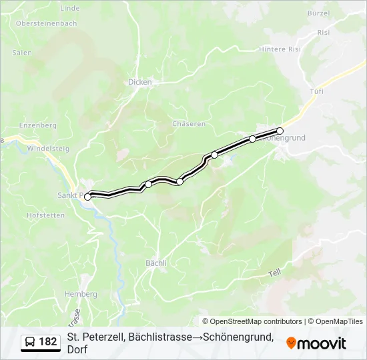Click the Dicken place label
coord(140,82)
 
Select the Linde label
coord(69,8)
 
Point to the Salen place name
coord(22,52)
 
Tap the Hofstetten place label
coord(45,215)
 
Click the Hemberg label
coord(81,294)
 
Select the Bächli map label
coord(156,263)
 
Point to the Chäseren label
coord(189,124)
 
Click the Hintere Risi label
coord(281,49)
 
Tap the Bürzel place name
coord(319,13)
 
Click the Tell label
coord(276,273)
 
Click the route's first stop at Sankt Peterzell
coord(87,197)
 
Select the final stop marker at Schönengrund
coord(280,131)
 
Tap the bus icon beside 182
coord(30,342)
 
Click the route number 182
coord(48,342)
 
